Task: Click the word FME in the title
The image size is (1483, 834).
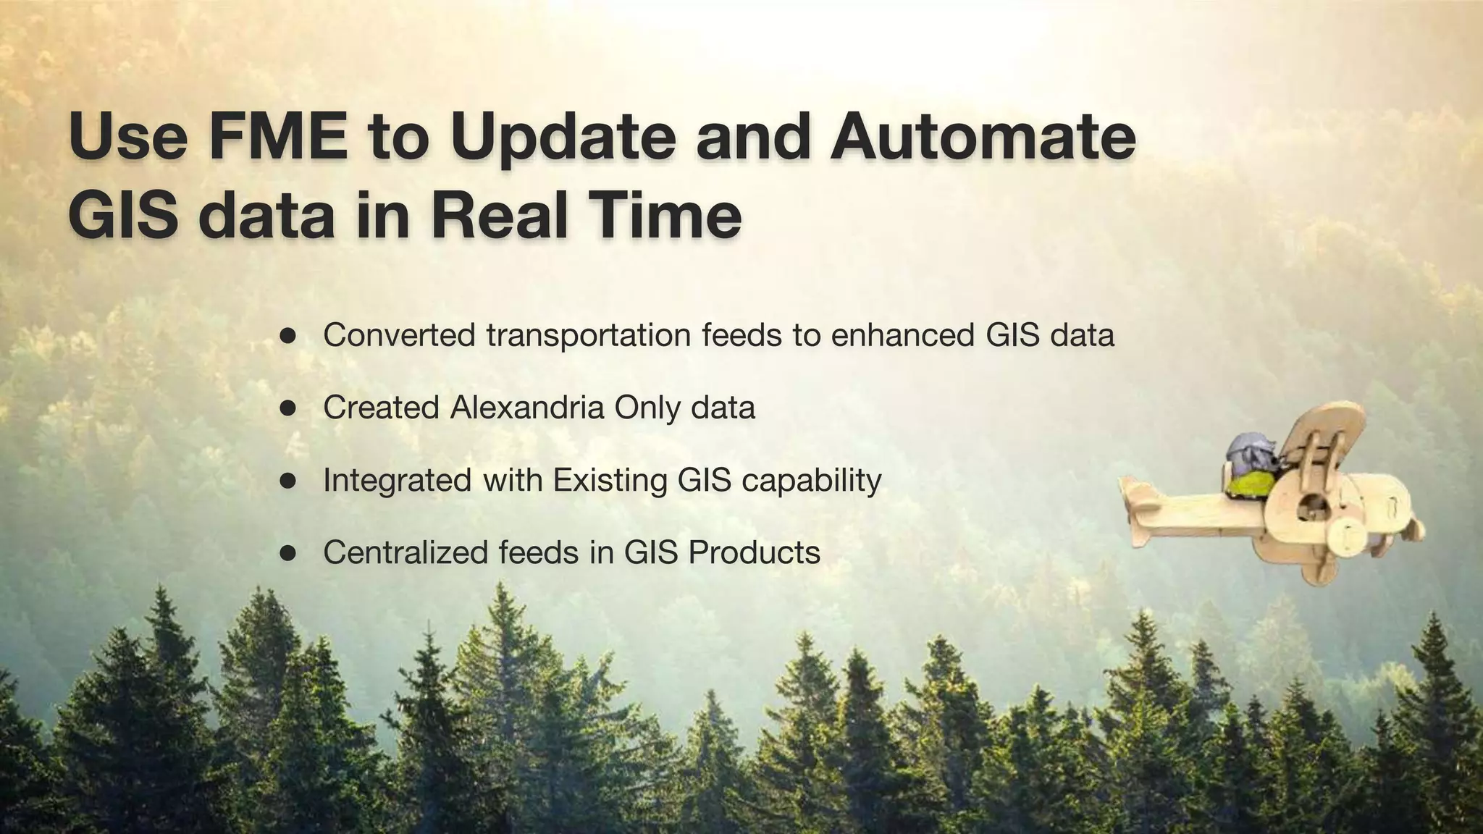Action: [x=277, y=138]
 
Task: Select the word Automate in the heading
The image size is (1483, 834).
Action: [x=983, y=138]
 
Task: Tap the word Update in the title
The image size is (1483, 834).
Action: [x=563, y=138]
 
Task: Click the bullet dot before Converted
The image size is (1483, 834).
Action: [x=288, y=336]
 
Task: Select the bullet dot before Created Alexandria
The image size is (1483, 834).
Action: [x=288, y=408]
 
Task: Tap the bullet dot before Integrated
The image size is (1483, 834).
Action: [x=288, y=481]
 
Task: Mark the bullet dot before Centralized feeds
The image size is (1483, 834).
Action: [x=288, y=553]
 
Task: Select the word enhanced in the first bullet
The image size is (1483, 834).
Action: [x=902, y=335]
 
